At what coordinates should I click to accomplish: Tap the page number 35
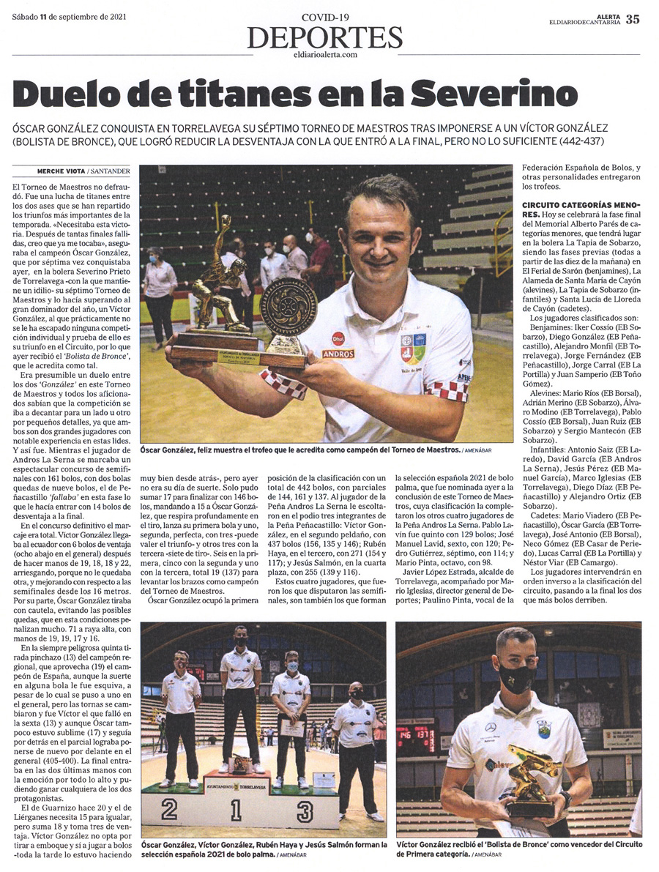pos(632,19)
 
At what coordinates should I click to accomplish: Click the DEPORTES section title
pos(325,37)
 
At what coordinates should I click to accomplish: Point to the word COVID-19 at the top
pos(325,16)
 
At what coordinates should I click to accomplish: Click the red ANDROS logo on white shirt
pos(338,354)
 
